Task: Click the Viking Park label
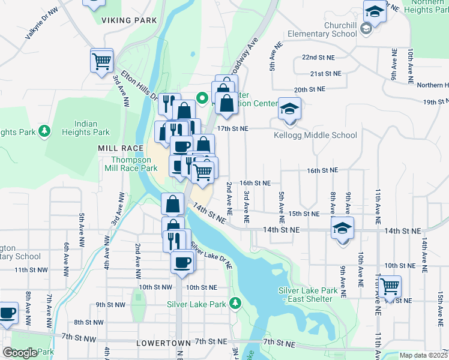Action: (129, 20)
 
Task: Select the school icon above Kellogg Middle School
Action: (289, 110)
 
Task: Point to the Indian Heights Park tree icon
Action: (44, 130)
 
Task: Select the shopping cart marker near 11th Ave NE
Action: (390, 287)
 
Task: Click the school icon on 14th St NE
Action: (342, 229)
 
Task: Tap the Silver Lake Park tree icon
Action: (236, 304)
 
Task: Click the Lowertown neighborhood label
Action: (164, 343)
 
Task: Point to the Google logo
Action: (20, 353)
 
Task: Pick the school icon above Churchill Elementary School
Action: (374, 11)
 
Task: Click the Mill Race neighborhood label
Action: (121, 148)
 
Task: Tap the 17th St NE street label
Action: (232, 128)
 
